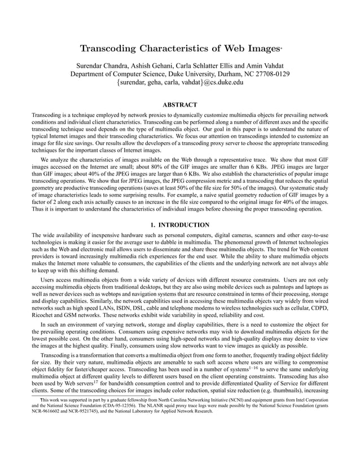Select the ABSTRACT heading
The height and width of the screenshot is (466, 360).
[x=179, y=105]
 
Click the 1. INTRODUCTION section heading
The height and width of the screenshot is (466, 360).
[x=179, y=225]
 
